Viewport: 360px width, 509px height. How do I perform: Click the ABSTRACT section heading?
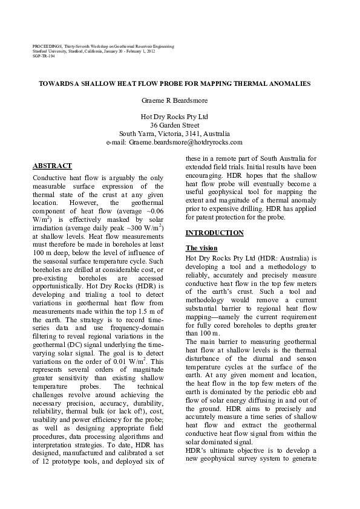point(51,166)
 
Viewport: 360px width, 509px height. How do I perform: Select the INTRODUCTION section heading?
point(214,233)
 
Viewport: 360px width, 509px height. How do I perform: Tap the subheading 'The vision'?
point(201,248)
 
